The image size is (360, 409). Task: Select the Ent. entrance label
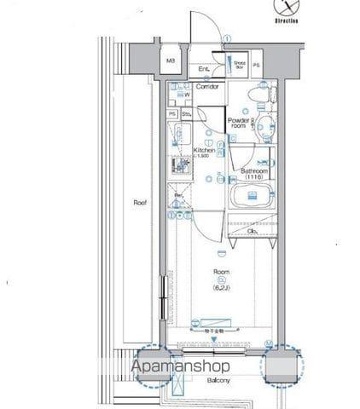click(x=205, y=69)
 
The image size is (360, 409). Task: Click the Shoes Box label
click(x=240, y=64)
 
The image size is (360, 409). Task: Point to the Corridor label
click(x=208, y=87)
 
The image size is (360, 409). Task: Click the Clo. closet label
click(x=253, y=231)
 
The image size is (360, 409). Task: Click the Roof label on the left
click(x=138, y=203)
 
